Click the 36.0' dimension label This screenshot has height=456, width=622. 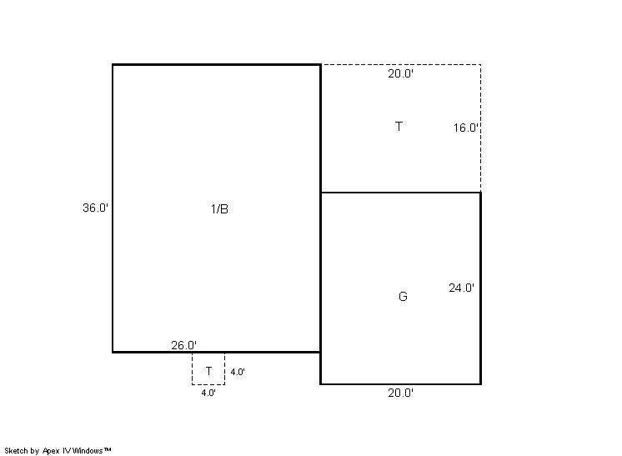coord(95,208)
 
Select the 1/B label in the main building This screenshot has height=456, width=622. coord(219,209)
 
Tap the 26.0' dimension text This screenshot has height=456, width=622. coord(183,345)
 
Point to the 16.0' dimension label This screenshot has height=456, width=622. coord(465,128)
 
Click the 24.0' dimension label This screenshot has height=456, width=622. coord(461,288)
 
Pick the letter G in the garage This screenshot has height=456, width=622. coord(403,297)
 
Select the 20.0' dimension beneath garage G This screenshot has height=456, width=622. coord(401,393)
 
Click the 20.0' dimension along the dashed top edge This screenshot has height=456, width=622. coord(401,73)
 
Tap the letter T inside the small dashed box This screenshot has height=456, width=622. coord(208,371)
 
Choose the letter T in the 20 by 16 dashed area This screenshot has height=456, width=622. coord(399,127)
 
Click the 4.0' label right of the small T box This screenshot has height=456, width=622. coord(238,372)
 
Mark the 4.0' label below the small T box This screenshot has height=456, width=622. coord(208,393)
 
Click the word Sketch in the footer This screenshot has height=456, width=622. coord(17,451)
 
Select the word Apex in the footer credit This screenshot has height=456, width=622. coord(51,451)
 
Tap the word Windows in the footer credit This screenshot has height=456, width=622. coord(88,451)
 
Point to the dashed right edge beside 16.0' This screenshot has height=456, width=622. coord(481,128)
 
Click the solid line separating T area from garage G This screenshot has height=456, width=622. coord(401,193)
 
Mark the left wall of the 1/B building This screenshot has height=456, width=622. coord(113,208)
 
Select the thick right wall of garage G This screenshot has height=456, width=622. coord(481,288)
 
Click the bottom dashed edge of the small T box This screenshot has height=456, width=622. coord(208,384)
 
